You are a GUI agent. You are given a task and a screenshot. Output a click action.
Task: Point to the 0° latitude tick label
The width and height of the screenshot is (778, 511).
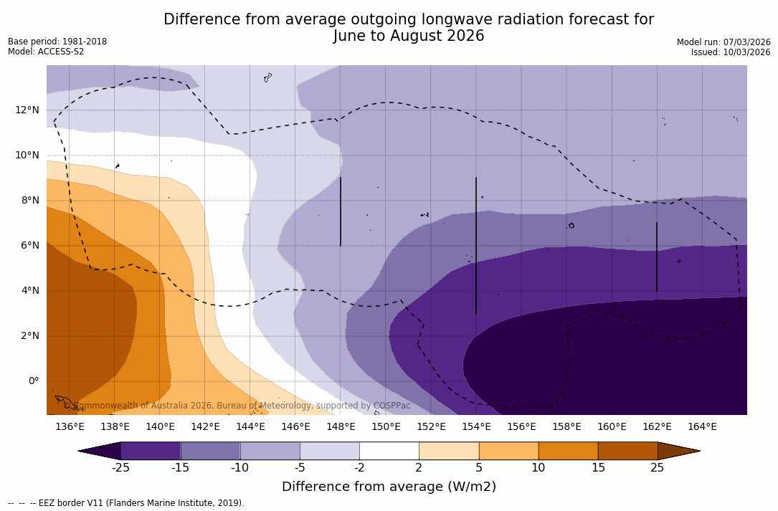click(33, 381)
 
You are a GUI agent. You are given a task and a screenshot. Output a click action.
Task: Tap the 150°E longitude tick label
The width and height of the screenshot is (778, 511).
click(386, 426)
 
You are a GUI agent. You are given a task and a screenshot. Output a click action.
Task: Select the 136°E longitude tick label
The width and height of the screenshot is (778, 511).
click(70, 426)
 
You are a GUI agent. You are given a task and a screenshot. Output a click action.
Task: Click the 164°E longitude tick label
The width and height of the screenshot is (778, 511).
click(702, 426)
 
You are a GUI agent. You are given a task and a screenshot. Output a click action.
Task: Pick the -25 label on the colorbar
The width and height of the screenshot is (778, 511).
click(120, 468)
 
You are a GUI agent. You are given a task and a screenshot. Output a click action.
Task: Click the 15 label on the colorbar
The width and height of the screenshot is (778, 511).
click(597, 468)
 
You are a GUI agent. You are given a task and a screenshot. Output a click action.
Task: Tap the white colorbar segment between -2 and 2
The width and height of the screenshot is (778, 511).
click(389, 451)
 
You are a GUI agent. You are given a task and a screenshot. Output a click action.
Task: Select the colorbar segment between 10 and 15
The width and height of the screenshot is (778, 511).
click(567, 451)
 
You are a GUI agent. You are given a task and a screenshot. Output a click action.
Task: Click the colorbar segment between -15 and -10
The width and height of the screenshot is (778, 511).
click(210, 451)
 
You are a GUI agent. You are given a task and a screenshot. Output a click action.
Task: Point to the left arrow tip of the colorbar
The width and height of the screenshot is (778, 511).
click(80, 451)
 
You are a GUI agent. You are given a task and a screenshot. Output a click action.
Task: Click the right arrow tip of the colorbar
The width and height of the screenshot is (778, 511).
click(698, 451)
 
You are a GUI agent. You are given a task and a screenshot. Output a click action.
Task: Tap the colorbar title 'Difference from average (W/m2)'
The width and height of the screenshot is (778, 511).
click(389, 487)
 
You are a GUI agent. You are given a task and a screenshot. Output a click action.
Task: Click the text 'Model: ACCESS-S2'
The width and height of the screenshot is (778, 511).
click(46, 52)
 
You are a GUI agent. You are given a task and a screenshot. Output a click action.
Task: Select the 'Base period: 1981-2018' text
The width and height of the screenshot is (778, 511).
click(57, 42)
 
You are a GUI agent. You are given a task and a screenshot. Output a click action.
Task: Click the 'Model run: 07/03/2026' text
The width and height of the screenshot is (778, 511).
click(724, 42)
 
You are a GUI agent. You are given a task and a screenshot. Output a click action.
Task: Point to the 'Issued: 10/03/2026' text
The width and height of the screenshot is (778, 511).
click(731, 52)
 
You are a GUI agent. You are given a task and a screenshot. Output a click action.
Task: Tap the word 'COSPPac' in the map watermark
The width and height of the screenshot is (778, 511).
click(392, 406)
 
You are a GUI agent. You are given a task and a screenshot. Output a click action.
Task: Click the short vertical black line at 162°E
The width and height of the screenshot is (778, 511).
click(656, 257)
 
